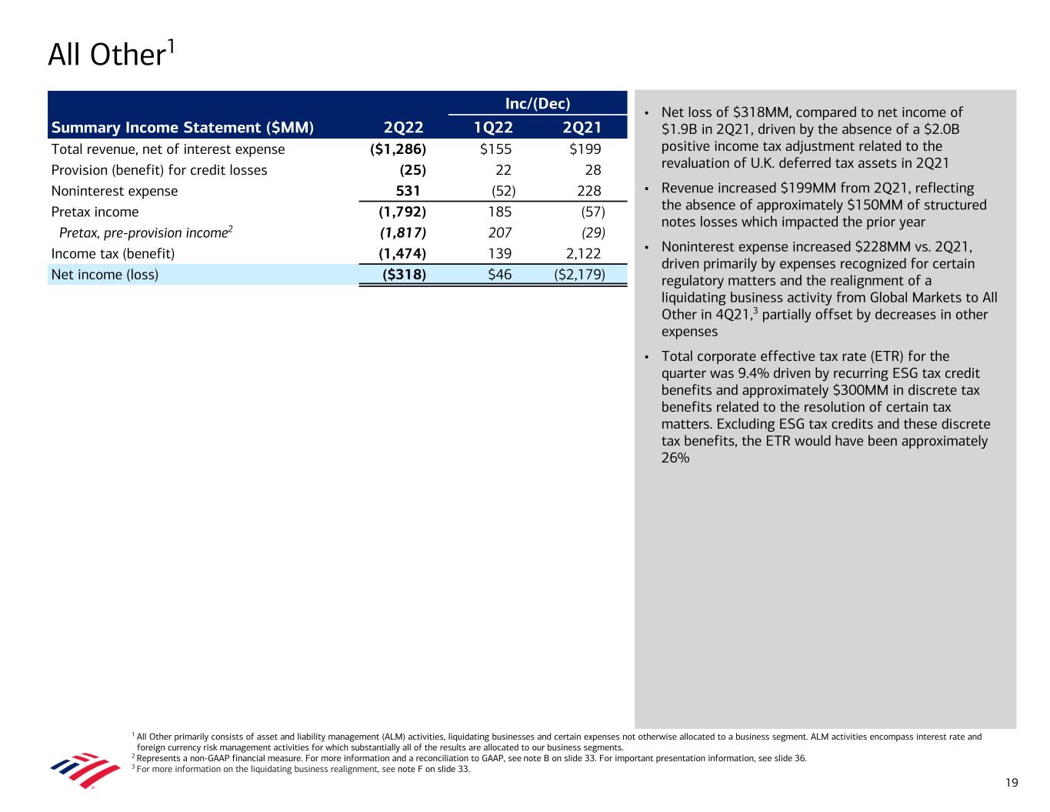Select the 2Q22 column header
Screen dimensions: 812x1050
point(403,128)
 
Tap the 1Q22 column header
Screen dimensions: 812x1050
point(493,128)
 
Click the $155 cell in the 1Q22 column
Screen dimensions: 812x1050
point(495,149)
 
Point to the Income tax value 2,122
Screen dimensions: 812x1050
point(583,253)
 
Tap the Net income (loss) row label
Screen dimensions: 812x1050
point(105,274)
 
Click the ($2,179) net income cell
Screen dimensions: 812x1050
point(579,274)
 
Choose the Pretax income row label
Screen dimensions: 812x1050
point(95,212)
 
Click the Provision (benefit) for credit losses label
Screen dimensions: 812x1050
point(159,170)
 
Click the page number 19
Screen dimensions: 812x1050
point(1011,783)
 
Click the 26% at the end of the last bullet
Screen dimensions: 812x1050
point(675,458)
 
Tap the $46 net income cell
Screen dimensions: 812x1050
point(499,274)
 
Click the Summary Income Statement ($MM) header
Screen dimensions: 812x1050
point(182,128)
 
